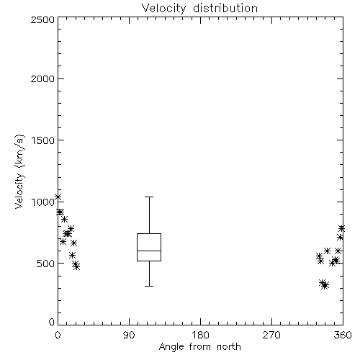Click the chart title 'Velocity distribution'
coord(199,9)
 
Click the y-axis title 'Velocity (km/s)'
coord(19,171)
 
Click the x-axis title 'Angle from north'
coord(199,347)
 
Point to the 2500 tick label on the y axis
coord(42,19)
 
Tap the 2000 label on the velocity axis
coord(42,78)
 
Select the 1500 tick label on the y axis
coord(43,140)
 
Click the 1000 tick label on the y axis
coord(43,202)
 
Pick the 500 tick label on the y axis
coord(46,264)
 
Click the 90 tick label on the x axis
coord(129,335)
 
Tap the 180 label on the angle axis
coord(200,335)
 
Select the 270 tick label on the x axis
coord(271,335)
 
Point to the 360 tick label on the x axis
coord(343,335)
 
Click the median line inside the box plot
coord(149,251)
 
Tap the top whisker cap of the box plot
coord(149,197)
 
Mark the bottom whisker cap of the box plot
coord(149,286)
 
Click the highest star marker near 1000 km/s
coord(58,197)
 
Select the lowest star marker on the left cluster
coord(76,266)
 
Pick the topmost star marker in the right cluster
coord(341,228)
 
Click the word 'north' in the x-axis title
coord(229,347)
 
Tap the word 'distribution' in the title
coord(225,9)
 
